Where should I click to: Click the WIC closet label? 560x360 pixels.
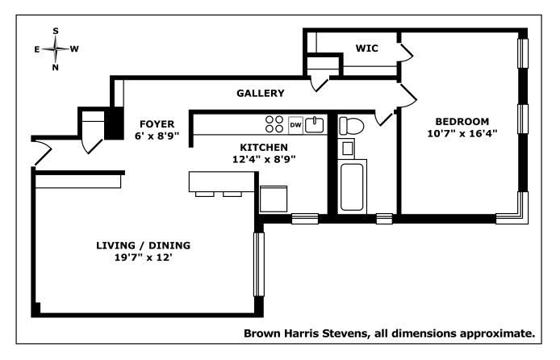(367, 48)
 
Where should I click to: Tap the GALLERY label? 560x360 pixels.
(261, 94)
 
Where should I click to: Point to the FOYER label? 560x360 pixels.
(153, 123)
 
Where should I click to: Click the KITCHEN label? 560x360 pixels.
(264, 147)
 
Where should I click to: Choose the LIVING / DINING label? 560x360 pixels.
(143, 245)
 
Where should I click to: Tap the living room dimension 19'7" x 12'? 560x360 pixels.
(143, 259)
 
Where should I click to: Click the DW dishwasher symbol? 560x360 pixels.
(295, 125)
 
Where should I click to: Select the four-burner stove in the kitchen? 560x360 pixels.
(274, 124)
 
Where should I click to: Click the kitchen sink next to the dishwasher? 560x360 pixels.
(316, 124)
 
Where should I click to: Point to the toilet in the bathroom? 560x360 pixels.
(351, 126)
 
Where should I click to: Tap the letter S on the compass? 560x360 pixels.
(56, 31)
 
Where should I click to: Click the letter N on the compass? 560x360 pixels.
(56, 68)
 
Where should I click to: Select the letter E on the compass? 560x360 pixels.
(37, 49)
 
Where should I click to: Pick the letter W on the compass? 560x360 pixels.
(74, 49)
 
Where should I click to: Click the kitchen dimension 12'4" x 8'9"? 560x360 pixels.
(264, 160)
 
